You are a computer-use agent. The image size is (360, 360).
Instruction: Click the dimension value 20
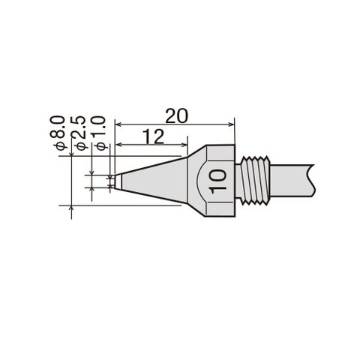click(176, 116)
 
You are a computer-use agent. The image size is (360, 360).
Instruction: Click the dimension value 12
click(154, 136)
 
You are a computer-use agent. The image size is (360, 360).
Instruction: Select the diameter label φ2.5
click(79, 133)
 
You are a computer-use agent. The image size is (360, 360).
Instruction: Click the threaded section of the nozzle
click(253, 181)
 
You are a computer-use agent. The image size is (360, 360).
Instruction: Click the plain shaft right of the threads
click(292, 181)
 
